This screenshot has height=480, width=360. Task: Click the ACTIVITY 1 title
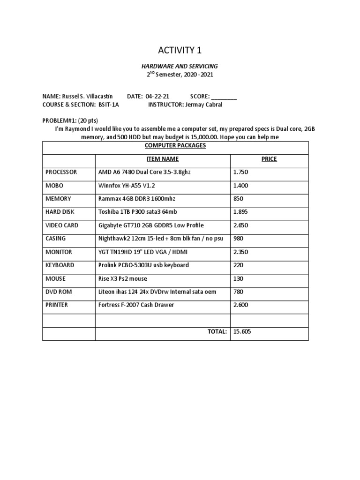pos(180,50)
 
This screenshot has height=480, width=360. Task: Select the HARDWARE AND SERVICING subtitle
pos(180,67)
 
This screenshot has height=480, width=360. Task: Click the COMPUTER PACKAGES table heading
pos(175,146)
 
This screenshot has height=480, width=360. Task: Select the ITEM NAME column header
pos(162,159)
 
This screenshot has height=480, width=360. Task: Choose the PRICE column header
pos(269,159)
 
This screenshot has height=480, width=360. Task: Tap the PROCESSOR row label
pos(61,172)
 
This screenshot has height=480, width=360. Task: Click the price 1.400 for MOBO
pos(240,186)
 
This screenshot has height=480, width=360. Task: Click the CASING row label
pos(55,239)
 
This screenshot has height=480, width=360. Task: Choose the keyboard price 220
pos(238,265)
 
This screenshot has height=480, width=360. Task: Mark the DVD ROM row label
pos(59,292)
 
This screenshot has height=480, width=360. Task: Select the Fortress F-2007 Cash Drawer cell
pos(136,305)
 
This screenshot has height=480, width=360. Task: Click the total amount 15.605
pos(242,331)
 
